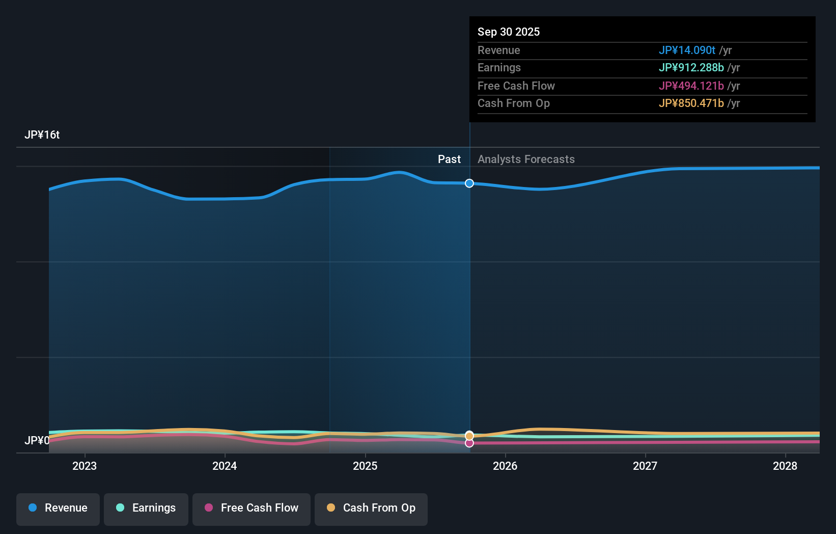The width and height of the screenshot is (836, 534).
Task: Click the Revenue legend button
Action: pyautogui.click(x=58, y=508)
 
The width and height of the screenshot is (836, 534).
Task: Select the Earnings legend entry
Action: pyautogui.click(x=146, y=508)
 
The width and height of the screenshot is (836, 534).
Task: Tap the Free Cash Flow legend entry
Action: pyautogui.click(x=252, y=508)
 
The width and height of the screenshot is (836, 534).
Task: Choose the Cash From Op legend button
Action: pyautogui.click(x=371, y=508)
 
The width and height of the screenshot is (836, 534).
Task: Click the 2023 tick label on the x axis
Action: pyautogui.click(x=85, y=466)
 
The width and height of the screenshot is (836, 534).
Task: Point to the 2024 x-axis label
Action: pyautogui.click(x=225, y=466)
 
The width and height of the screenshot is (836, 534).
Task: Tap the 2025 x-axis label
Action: pyautogui.click(x=365, y=466)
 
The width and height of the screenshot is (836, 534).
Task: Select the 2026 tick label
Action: pyautogui.click(x=505, y=466)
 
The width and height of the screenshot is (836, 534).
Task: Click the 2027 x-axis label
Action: pyautogui.click(x=645, y=466)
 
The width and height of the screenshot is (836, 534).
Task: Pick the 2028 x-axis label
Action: pyautogui.click(x=785, y=466)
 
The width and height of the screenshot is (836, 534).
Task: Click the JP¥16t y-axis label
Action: pyautogui.click(x=42, y=135)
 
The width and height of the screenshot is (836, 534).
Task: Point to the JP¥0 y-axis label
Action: pyautogui.click(x=37, y=440)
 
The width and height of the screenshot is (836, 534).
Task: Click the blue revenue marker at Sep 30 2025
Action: pyautogui.click(x=469, y=183)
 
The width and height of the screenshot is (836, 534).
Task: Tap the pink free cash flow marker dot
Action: pyautogui.click(x=469, y=443)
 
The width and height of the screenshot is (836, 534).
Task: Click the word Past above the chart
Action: pyautogui.click(x=449, y=159)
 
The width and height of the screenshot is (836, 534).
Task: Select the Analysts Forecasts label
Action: pyautogui.click(x=526, y=159)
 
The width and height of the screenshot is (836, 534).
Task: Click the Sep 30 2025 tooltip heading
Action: pyautogui.click(x=509, y=32)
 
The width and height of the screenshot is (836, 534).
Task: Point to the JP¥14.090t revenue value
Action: pyautogui.click(x=687, y=50)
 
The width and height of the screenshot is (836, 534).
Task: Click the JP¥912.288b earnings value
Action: pyautogui.click(x=691, y=68)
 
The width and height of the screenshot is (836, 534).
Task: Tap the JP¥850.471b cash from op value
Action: pyautogui.click(x=691, y=103)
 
